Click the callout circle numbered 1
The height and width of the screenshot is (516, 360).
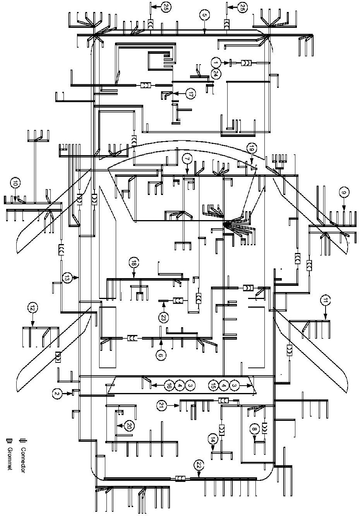tap(216, 62)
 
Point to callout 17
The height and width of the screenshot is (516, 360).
tap(190, 94)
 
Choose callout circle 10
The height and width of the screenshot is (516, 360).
tap(15, 182)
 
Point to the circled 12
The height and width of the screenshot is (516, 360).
tap(33, 308)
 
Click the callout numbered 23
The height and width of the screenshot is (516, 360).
tap(164, 317)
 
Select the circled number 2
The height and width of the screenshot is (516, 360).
tap(57, 393)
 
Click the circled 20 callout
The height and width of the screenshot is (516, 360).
tap(129, 425)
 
